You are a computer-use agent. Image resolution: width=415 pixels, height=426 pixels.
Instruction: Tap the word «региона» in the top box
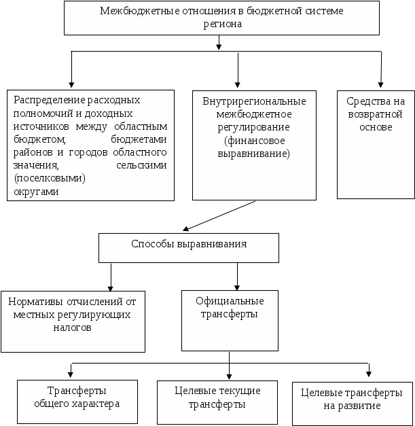point(222,24)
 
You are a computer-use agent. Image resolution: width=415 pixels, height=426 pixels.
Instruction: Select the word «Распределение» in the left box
point(49,101)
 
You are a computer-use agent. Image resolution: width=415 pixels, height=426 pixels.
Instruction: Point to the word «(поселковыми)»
point(50,179)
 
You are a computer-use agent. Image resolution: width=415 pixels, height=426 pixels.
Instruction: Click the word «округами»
point(36,192)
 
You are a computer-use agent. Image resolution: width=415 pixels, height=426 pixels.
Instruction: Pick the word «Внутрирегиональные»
point(254,102)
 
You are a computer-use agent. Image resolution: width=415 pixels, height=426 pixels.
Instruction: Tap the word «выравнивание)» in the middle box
point(253,154)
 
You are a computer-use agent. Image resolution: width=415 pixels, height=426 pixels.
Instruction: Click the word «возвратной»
point(375,114)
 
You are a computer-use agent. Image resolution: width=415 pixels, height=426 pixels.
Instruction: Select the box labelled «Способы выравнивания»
point(189,248)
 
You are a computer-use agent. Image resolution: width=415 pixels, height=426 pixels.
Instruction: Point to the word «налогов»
point(72,327)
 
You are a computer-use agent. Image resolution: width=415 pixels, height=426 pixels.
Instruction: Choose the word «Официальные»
point(230,302)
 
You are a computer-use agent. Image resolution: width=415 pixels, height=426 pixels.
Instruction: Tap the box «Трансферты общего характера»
point(77,402)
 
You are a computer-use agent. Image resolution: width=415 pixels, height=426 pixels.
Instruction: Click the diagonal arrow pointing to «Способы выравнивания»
point(219,215)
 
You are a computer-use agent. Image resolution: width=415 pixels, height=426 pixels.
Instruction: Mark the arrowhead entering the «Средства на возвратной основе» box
point(380,85)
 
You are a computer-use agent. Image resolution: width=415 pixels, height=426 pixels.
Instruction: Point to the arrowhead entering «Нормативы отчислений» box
point(111,288)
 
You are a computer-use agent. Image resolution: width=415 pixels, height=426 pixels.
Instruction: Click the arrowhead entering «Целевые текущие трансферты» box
point(229,376)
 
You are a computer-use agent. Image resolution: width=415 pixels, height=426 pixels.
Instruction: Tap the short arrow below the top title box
point(219,43)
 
